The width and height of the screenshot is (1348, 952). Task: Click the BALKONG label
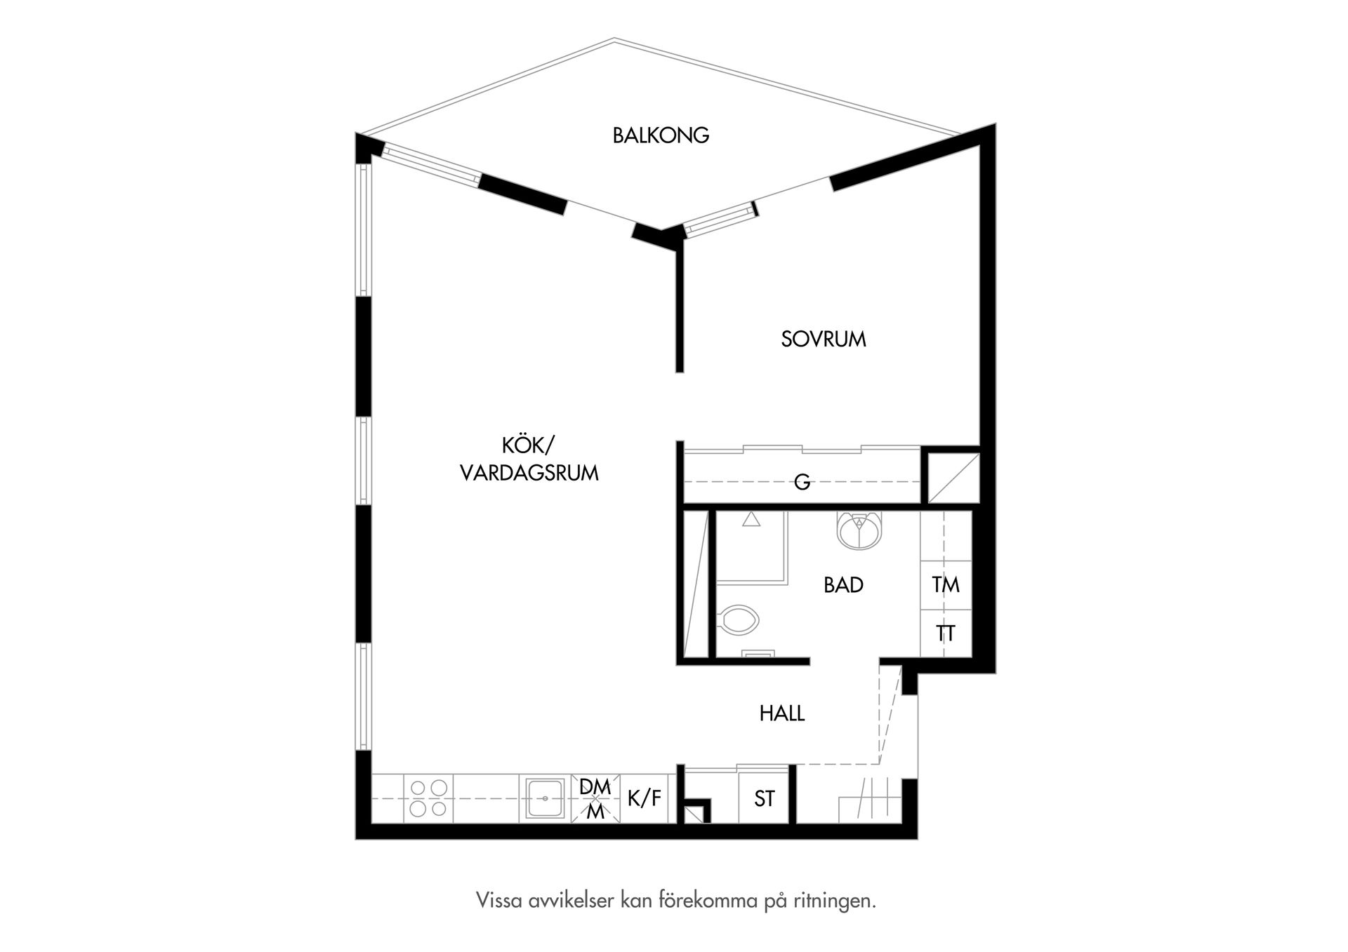pos(661,135)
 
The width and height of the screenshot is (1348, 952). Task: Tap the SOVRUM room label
pos(824,339)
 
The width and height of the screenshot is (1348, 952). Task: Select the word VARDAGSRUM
pos(529,473)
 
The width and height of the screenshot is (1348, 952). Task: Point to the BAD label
pos(843,585)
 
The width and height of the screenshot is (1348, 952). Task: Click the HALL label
pos(781,713)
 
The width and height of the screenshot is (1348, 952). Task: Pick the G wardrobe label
pos(802,482)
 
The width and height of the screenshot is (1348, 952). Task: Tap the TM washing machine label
pos(946,584)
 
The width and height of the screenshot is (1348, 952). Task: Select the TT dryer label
pos(946,633)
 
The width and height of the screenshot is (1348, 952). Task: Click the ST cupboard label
pos(765,798)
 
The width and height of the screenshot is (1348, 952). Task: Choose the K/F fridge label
pos(645,798)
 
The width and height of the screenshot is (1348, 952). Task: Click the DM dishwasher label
pos(595,787)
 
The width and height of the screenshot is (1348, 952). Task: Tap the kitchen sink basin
pos(545,798)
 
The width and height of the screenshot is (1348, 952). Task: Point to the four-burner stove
pos(428,798)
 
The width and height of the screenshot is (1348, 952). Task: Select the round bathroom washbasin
pos(858,530)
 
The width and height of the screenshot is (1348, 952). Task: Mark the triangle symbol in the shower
pos(751,520)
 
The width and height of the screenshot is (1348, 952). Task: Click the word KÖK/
pos(528,445)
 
